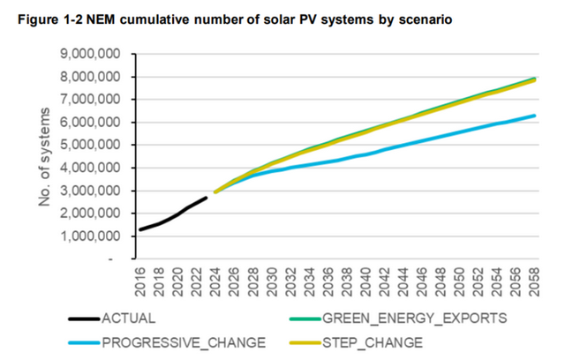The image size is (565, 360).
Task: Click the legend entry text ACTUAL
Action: click(128, 319)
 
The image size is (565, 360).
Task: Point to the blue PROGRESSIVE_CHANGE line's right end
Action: click(534, 116)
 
